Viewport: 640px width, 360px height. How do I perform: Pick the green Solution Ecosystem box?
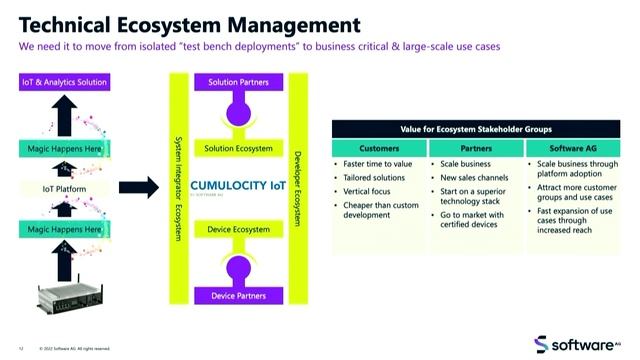(238, 149)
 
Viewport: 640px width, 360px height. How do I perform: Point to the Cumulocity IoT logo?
(238, 186)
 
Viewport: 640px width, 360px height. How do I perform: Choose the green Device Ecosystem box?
(238, 230)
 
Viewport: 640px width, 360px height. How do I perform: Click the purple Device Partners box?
(238, 295)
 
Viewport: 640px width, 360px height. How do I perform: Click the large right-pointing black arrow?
(139, 187)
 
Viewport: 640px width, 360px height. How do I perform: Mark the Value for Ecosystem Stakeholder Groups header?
(476, 129)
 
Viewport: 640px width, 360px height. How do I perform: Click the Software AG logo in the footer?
(583, 343)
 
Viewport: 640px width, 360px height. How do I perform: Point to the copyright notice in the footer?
(75, 349)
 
